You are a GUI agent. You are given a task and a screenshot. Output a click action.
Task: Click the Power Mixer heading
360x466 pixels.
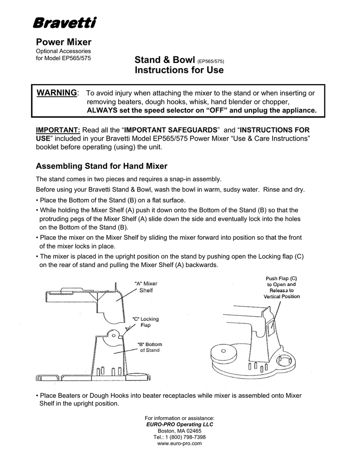[x=64, y=41]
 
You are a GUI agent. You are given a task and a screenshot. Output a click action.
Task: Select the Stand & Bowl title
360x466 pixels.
[x=165, y=60]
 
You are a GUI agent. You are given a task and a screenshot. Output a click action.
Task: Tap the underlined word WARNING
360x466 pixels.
[x=57, y=93]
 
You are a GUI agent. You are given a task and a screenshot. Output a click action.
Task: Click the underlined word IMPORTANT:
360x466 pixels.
[x=58, y=129]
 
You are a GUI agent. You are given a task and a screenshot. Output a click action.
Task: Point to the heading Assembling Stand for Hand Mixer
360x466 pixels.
[x=102, y=166]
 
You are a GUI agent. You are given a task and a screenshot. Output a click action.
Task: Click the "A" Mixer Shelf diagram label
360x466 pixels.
[x=146, y=286]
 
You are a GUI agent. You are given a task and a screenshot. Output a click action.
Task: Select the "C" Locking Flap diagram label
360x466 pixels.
[x=145, y=322]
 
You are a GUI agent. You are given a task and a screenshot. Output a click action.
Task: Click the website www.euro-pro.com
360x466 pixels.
[x=179, y=443]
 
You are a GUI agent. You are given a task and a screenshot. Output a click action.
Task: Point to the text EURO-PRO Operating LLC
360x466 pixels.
[x=179, y=424]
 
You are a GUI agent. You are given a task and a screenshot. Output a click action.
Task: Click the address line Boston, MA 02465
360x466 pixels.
[x=179, y=431]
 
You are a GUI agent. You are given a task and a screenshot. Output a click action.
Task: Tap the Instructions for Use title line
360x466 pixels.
[x=179, y=70]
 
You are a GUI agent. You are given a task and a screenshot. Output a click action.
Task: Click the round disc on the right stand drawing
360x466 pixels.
[x=224, y=354]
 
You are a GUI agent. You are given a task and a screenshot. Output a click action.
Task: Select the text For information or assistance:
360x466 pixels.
[x=179, y=418]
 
